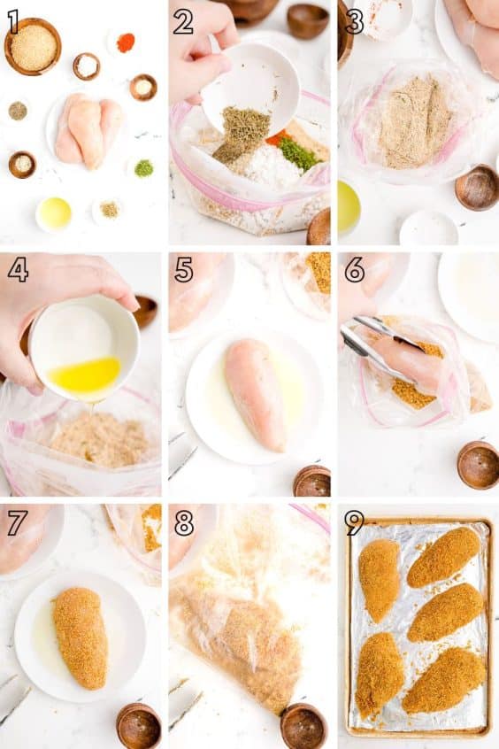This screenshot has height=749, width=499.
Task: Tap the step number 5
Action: [x=183, y=270]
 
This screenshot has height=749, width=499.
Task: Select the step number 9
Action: [x=354, y=522]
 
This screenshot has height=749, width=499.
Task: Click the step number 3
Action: [x=354, y=20]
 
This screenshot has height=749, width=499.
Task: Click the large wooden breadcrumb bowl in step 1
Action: [x=33, y=47]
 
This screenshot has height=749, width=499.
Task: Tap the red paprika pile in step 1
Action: [x=126, y=42]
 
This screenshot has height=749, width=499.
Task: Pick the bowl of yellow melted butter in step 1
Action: [x=54, y=213]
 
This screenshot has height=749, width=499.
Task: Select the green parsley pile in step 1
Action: [x=143, y=168]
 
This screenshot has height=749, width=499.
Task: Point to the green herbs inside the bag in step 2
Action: [x=298, y=154]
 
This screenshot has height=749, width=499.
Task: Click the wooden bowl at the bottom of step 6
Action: [x=479, y=464]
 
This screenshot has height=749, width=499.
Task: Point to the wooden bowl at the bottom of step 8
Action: [x=303, y=725]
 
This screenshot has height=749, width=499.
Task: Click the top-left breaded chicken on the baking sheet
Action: [x=379, y=579]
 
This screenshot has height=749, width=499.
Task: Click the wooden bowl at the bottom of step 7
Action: [x=139, y=725]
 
